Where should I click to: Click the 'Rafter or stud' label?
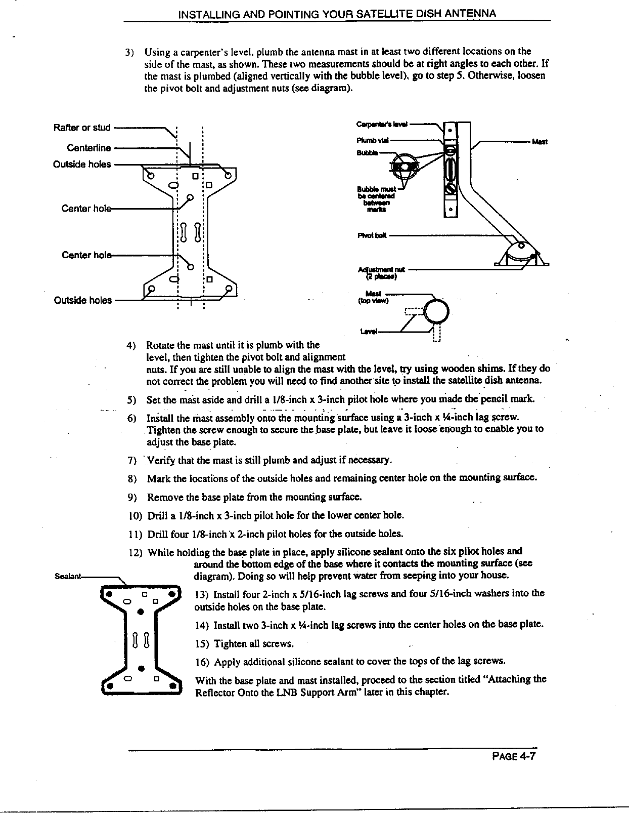coord(81,127)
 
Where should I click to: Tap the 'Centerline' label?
coord(88,148)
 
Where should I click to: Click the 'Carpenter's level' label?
coord(382,123)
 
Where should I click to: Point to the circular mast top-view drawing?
coord(436,311)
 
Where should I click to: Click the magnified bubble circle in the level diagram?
coord(406,166)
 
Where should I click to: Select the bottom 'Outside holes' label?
coord(82,300)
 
